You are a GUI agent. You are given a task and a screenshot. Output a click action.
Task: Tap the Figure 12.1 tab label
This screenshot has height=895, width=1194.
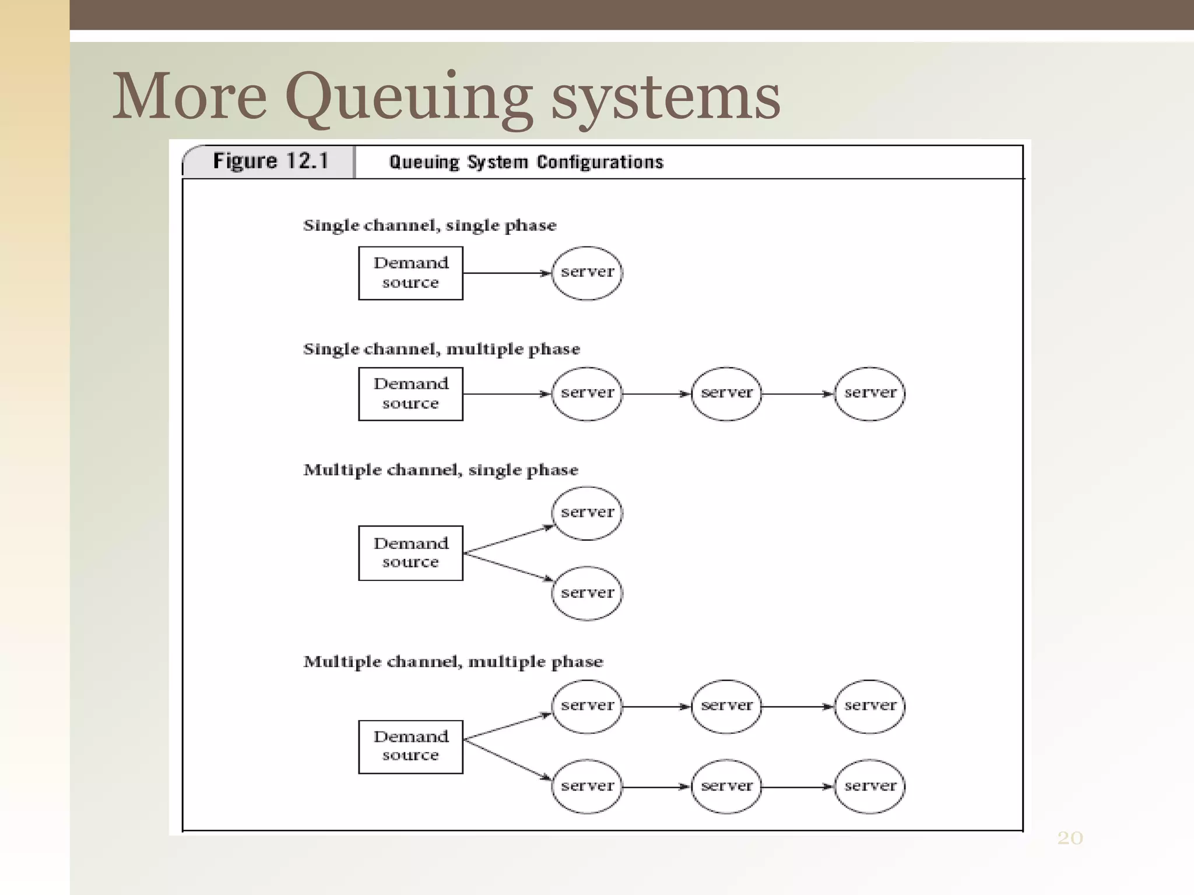271,161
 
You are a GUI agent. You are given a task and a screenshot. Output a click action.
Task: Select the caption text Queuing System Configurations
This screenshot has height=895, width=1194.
526,162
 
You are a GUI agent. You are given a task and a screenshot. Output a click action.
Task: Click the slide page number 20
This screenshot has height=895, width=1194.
1070,838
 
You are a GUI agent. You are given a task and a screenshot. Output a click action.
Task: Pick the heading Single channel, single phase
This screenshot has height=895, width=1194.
430,225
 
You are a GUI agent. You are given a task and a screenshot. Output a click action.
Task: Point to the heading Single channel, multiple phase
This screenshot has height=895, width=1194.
441,349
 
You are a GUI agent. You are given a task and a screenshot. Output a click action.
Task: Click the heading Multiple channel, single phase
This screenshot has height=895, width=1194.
441,470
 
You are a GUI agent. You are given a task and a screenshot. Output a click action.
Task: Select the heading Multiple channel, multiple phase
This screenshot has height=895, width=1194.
453,662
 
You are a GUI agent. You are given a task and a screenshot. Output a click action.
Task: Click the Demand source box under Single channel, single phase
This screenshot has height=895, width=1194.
410,273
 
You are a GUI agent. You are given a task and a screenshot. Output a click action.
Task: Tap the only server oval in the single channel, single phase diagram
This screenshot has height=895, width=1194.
587,273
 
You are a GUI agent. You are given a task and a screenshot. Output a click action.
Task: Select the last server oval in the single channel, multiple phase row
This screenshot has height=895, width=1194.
869,393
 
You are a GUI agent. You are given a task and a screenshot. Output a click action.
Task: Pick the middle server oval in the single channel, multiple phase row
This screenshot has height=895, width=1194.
726,393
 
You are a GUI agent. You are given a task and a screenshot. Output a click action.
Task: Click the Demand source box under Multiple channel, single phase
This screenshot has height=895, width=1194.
410,552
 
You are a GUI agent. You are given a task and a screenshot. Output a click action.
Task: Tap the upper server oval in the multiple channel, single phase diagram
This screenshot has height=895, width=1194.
587,513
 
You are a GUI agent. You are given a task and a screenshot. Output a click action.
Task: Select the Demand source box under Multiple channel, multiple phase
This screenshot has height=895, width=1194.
410,746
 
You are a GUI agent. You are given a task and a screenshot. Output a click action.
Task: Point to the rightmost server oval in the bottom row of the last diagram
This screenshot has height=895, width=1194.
869,786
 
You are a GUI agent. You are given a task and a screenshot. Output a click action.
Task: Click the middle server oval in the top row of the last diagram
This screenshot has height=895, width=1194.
726,706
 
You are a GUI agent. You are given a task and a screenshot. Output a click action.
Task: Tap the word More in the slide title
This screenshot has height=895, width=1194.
189,96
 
